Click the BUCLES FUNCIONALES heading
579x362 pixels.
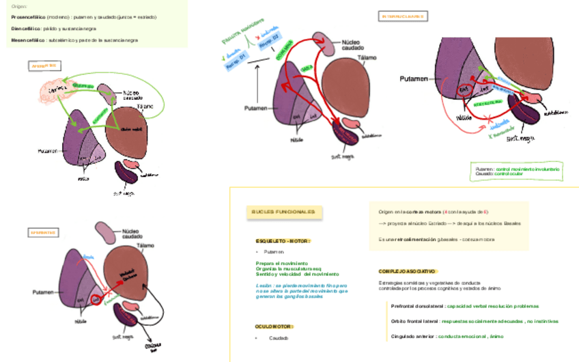pyautogui.click(x=283, y=212)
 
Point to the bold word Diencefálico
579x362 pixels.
pyautogui.click(x=25, y=29)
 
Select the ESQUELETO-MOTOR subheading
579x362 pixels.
pyautogui.click(x=283, y=241)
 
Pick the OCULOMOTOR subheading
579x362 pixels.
pyautogui.click(x=274, y=326)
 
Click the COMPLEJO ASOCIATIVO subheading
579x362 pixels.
pyautogui.click(x=408, y=271)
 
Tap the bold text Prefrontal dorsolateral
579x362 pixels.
pyautogui.click(x=418, y=306)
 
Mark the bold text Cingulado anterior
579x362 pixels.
pyautogui.click(x=412, y=336)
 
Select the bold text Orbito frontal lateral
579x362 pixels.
pyautogui.click(x=415, y=321)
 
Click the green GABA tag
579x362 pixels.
pyautogui.click(x=308, y=68)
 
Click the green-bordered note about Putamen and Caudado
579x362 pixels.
pyautogui.click(x=517, y=171)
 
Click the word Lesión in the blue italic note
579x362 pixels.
pyautogui.click(x=264, y=285)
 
